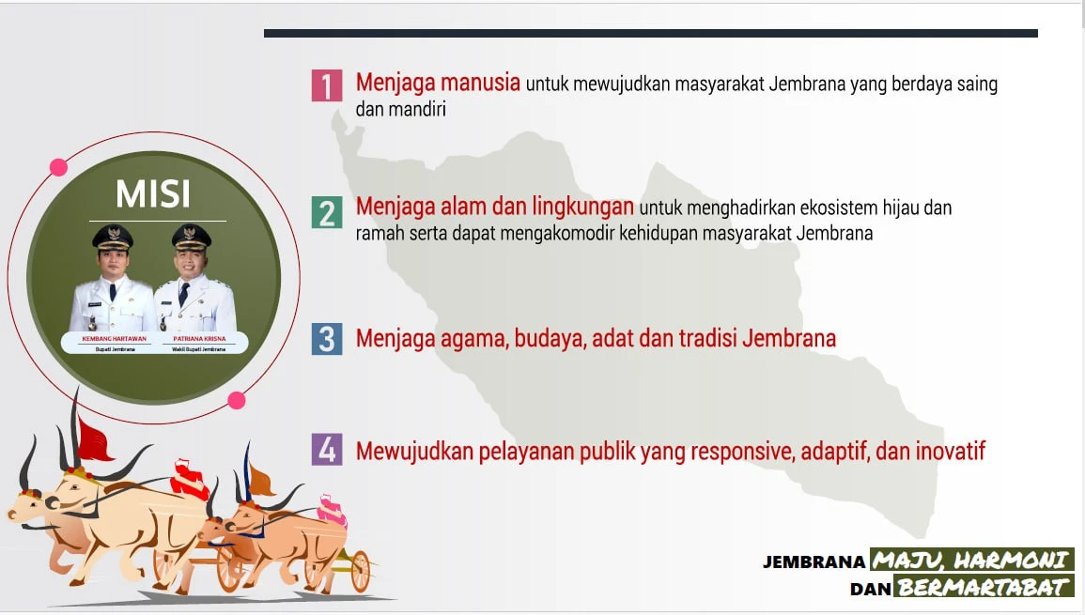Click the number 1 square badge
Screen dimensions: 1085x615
pos(327,85)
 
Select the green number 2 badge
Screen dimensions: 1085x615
pos(327,212)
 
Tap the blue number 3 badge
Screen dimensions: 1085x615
pos(327,339)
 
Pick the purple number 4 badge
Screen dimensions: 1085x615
pos(327,450)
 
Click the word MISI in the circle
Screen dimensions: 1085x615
pos(153,194)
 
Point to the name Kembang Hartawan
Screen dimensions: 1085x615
pos(115,339)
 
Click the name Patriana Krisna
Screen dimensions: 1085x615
pos(199,339)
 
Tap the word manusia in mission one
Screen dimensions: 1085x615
pos(480,83)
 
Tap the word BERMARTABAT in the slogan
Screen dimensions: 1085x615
pos(983,588)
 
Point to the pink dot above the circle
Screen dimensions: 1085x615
pos(59,167)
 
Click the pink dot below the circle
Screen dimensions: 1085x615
pos(237,401)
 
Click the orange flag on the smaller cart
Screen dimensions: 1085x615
pos(260,480)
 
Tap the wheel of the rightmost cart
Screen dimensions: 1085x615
pos(360,572)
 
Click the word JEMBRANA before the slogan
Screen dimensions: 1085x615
pos(814,561)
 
